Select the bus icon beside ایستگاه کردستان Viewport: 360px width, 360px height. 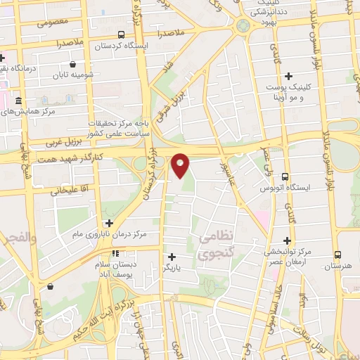pos(122,34)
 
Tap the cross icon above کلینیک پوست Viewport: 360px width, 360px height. pos(288,76)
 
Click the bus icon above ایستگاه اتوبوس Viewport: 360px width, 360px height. pos(285,177)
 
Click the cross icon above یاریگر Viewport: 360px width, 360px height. pos(172,257)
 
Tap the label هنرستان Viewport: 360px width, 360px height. pos(338,267)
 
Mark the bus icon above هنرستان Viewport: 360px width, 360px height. pos(338,255)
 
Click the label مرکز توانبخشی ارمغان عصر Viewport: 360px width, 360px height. pos(288,257)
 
